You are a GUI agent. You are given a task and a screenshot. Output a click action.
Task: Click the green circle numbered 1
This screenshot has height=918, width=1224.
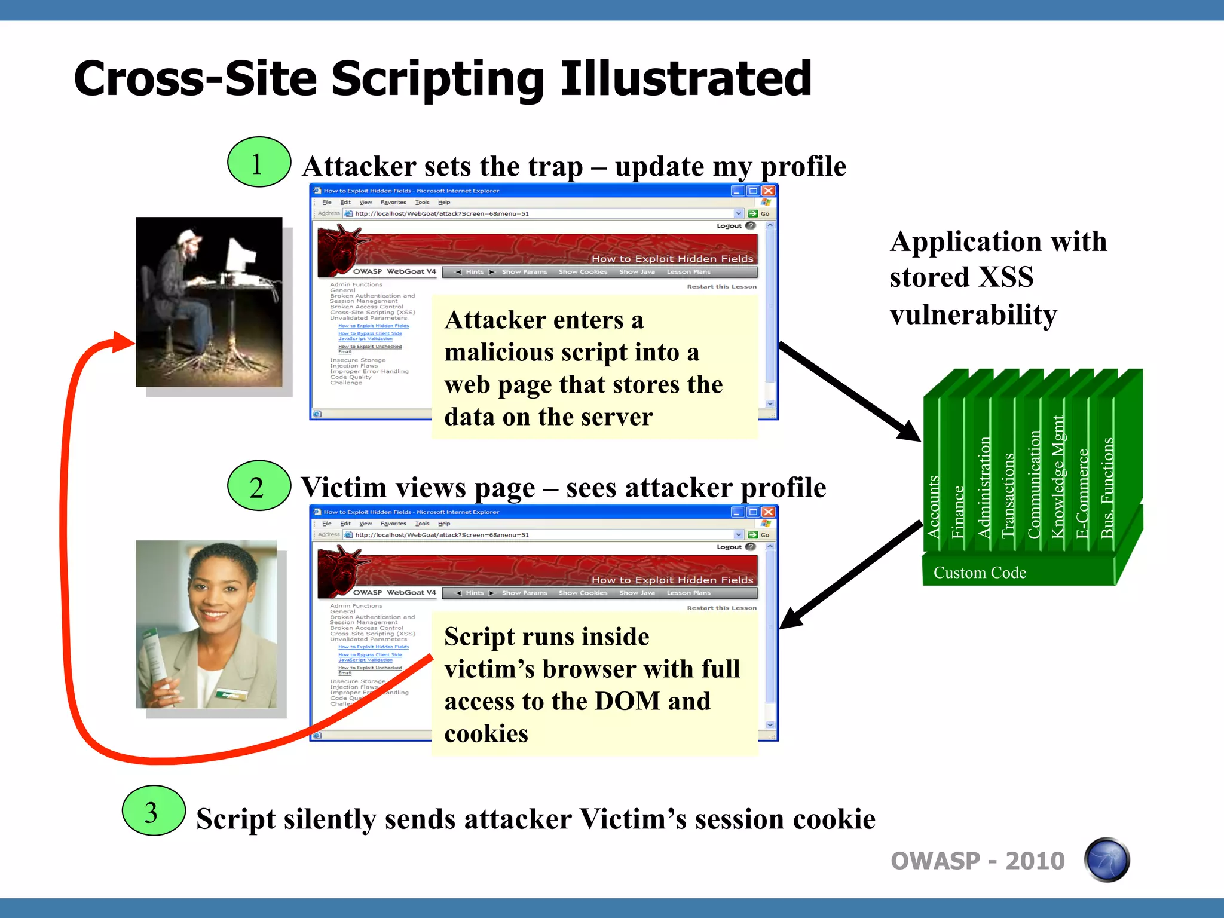pos(259,163)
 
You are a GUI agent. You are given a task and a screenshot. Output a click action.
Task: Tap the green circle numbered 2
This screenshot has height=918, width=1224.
pos(259,486)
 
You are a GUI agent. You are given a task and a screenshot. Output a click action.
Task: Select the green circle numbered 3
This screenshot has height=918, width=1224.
pos(154,811)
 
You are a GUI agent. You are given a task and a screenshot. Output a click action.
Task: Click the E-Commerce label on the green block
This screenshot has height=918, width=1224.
pos(1082,494)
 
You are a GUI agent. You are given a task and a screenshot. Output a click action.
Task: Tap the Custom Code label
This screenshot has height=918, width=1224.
pos(980,573)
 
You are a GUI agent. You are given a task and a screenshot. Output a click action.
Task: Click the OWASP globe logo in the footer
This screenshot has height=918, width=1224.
pos(1106,860)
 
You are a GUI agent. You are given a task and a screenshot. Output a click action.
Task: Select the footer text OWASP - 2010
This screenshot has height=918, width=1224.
pos(977,861)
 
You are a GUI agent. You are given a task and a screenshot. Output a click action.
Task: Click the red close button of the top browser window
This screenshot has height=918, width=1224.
pos(769,191)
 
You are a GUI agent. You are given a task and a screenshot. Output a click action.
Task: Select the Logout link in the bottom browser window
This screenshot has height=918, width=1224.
pos(729,547)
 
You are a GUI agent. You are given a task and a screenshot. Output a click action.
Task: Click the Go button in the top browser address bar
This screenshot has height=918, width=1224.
pos(759,213)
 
